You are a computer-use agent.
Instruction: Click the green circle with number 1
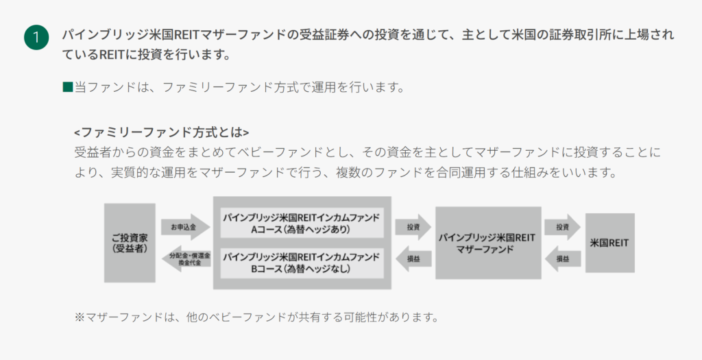click(x=36, y=37)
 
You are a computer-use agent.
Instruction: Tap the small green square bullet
click(x=68, y=87)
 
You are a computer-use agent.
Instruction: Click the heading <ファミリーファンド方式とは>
click(x=162, y=132)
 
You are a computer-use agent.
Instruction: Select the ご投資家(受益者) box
click(x=130, y=243)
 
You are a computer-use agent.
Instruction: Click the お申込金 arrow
click(x=185, y=227)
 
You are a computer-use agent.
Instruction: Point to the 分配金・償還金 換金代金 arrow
click(x=186, y=259)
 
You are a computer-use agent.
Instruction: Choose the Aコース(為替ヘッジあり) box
click(x=302, y=223)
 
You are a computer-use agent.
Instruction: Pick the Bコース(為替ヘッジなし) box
click(x=302, y=263)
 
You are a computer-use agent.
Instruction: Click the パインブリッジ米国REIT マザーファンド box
click(x=488, y=243)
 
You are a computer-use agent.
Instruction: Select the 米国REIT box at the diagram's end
click(x=609, y=243)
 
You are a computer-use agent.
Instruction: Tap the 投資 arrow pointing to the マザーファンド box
click(x=413, y=227)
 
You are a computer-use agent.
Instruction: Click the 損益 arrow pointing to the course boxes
click(x=413, y=259)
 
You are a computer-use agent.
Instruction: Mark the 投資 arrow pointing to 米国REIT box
click(x=563, y=227)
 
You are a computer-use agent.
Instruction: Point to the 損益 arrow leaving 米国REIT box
click(x=563, y=259)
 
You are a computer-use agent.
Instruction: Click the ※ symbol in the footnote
click(x=80, y=317)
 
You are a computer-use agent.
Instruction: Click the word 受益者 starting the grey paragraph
click(x=93, y=152)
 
